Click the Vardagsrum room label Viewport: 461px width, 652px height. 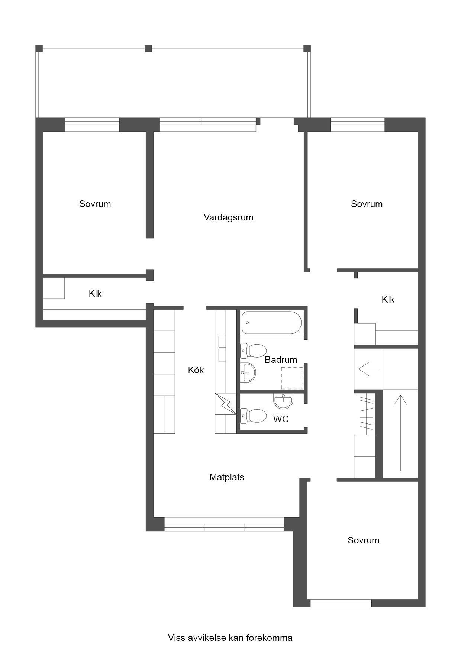click(228, 217)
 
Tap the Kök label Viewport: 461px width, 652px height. click(196, 370)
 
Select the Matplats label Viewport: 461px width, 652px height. click(227, 477)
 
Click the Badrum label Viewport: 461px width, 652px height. click(281, 360)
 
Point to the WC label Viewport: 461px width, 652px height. click(281, 419)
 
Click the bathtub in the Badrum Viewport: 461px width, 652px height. click(271, 323)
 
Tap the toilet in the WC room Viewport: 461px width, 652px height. click(253, 416)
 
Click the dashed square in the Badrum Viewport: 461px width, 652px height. click(292, 378)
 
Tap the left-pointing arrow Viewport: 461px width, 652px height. click(369, 369)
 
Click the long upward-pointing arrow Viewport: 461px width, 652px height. click(400, 433)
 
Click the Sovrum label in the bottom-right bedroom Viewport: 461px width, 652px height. click(363, 540)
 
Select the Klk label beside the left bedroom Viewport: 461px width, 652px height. click(95, 294)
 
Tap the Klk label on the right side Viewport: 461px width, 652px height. click(388, 300)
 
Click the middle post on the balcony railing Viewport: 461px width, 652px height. click(148, 48)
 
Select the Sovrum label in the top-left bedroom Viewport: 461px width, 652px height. click(95, 204)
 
